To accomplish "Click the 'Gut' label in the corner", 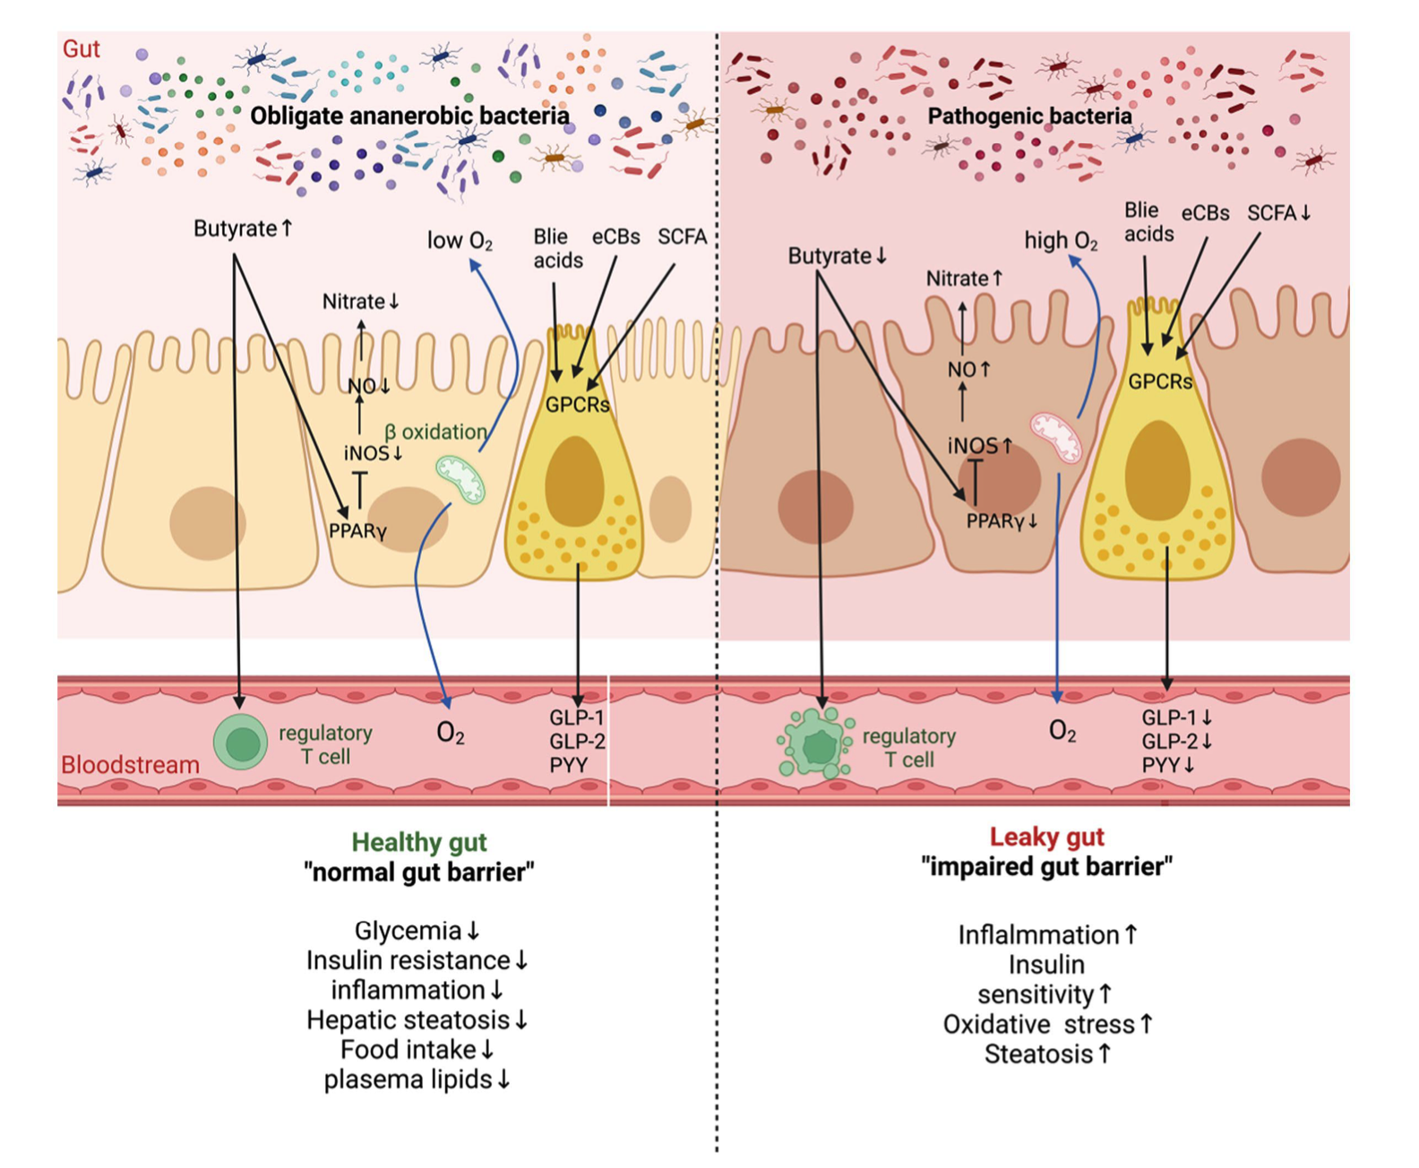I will [x=81, y=48].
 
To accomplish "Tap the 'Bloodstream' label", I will [x=130, y=765].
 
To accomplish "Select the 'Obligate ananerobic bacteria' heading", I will [x=409, y=116].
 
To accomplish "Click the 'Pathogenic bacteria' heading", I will [x=1029, y=116].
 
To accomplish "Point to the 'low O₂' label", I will [x=460, y=241].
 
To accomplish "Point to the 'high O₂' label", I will [x=1061, y=241].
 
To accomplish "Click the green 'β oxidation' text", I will [x=435, y=432].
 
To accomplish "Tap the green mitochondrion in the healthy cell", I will [x=460, y=478].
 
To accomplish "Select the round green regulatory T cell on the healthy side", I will [x=240, y=743].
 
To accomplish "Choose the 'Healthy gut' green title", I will [x=418, y=842].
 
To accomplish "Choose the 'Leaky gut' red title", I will [x=1046, y=837].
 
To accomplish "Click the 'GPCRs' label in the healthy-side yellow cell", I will [x=577, y=405].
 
